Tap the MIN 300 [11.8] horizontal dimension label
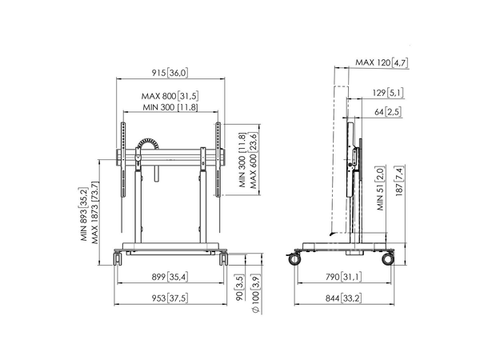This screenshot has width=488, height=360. click(170, 108)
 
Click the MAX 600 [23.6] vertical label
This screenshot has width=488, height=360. click(254, 158)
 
